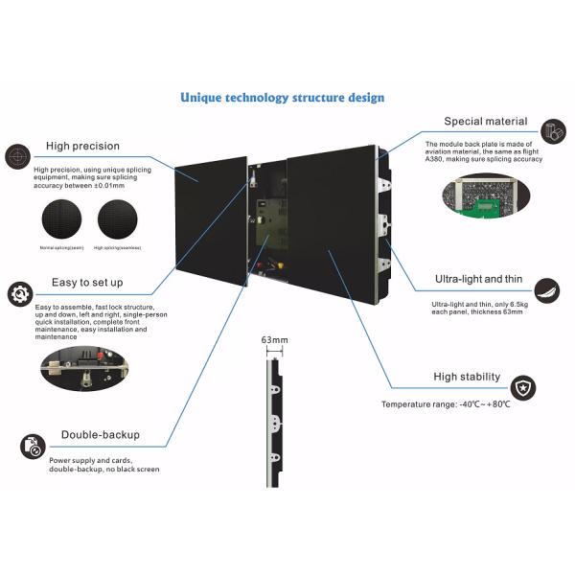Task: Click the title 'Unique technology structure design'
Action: (283, 98)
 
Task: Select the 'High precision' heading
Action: (82, 146)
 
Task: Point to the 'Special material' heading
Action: (485, 122)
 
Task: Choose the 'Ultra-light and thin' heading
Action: (481, 278)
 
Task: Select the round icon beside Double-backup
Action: (33, 446)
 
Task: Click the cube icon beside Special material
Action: (552, 131)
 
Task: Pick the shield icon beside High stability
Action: (524, 388)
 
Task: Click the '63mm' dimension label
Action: (274, 340)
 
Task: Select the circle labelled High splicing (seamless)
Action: (118, 220)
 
